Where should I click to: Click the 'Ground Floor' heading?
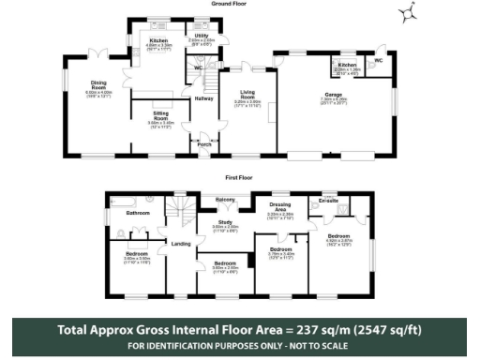(x=239, y=5)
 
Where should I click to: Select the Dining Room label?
(x=98, y=87)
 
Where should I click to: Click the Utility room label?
(x=200, y=35)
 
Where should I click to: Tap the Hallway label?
(x=203, y=98)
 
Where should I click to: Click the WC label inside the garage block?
(x=378, y=61)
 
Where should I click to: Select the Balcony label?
(x=226, y=200)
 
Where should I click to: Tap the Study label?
(x=224, y=222)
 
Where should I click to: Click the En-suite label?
(x=327, y=201)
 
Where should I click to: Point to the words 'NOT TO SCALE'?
(x=317, y=347)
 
